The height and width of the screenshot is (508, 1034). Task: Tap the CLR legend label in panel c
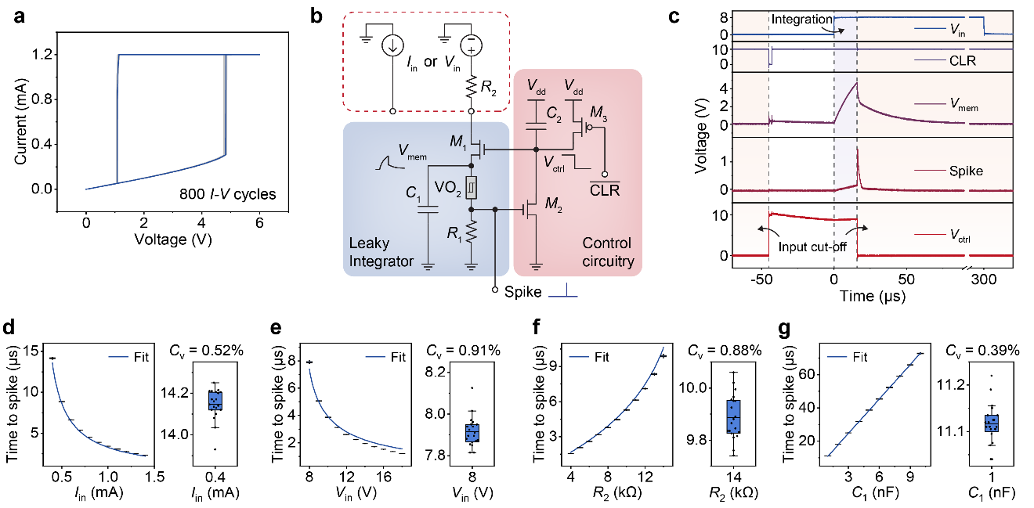(x=961, y=59)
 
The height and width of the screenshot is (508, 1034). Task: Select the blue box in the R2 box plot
(x=733, y=417)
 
